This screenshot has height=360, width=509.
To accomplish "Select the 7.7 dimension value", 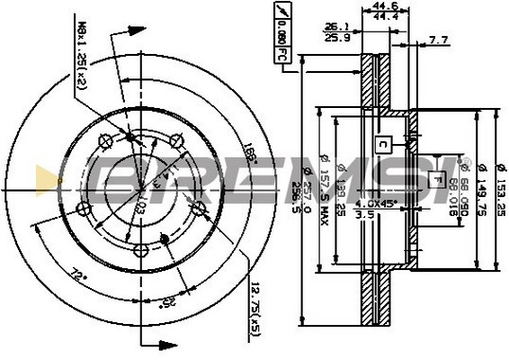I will click(438, 40).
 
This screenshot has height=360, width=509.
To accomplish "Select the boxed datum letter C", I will click(382, 143).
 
